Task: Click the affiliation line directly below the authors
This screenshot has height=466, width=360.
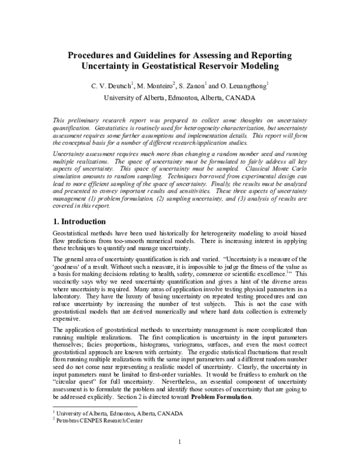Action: click(x=179, y=97)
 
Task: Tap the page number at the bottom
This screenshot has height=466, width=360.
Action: click(x=179, y=443)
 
